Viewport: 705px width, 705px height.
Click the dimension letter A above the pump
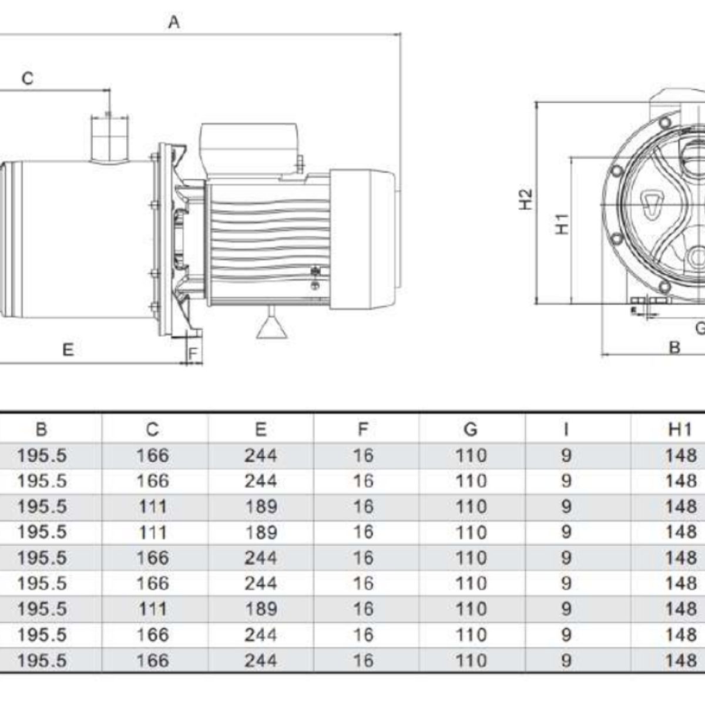[174, 22]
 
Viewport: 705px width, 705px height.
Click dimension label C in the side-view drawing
[28, 78]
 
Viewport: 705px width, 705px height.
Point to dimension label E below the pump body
[68, 350]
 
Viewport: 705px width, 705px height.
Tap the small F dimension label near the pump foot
[193, 353]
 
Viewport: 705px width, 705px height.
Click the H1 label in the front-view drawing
[562, 223]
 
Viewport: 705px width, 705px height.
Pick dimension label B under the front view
[674, 347]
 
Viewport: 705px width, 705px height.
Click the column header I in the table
[565, 429]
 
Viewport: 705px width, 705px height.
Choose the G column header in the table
[471, 429]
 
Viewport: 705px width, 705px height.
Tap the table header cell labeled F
[362, 429]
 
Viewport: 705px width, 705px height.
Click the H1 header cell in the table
[680, 429]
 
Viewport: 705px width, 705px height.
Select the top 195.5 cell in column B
[42, 455]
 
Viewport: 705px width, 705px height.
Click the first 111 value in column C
[152, 506]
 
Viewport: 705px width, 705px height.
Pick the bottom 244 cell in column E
[260, 660]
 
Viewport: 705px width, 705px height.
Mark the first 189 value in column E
[260, 506]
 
